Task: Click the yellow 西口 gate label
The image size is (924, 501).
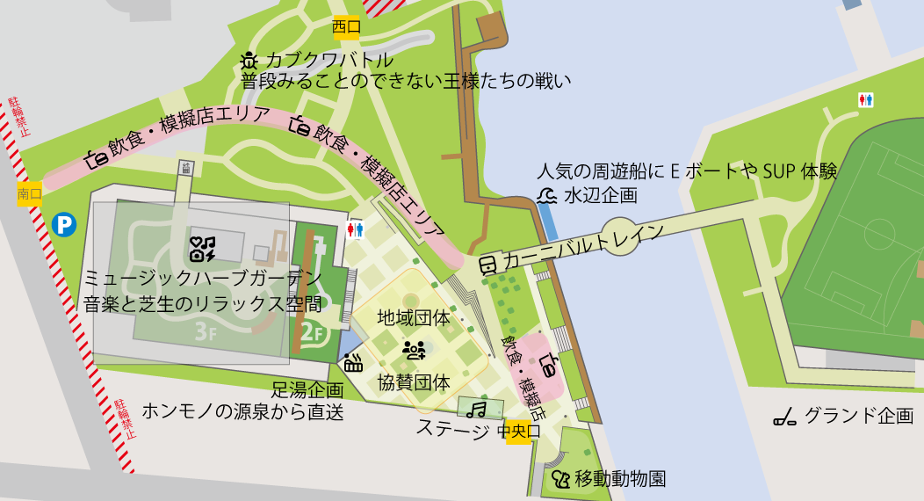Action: [347, 27]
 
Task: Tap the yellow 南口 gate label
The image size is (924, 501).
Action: [30, 194]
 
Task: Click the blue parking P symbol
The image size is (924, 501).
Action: [64, 225]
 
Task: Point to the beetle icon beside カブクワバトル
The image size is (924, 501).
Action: [249, 61]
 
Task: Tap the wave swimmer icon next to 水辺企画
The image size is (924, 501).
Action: [547, 195]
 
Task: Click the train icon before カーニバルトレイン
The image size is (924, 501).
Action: [489, 263]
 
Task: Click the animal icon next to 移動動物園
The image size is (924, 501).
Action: [560, 479]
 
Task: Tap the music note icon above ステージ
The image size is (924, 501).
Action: [477, 410]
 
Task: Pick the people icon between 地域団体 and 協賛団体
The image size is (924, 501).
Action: [414, 350]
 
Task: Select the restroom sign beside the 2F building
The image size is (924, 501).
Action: [356, 229]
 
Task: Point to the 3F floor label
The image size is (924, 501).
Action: [206, 332]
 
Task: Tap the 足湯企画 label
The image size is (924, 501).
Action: [307, 388]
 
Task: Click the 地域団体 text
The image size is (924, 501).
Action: [414, 317]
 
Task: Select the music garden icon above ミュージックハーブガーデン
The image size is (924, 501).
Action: [203, 250]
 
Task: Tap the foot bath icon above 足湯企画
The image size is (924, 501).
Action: [353, 361]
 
